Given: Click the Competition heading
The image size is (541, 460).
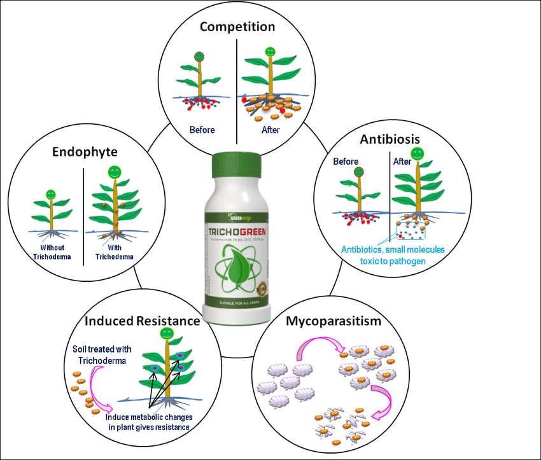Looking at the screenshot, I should (x=237, y=27).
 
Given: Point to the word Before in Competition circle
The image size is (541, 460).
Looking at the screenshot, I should (x=202, y=130).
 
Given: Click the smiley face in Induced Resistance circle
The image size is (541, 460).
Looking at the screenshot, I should (x=167, y=333).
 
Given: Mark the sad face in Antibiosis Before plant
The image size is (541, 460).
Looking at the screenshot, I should (x=358, y=172).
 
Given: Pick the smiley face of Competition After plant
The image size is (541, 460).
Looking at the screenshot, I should (x=270, y=50).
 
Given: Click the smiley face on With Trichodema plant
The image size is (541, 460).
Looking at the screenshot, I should (x=115, y=172).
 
